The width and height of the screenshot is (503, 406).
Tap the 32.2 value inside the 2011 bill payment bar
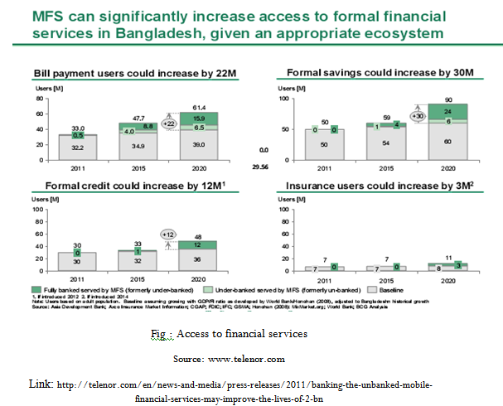click(79, 146)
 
